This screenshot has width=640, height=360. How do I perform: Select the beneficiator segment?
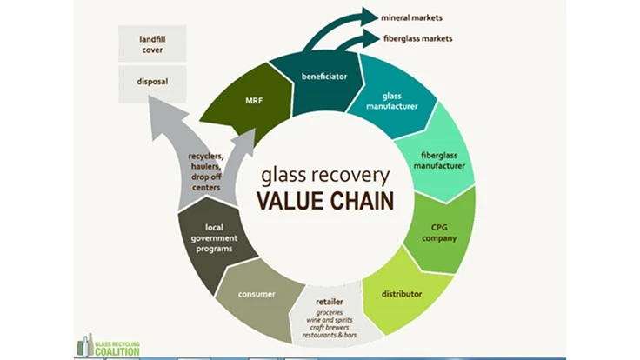click(325, 77)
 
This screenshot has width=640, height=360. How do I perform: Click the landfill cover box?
click(152, 44)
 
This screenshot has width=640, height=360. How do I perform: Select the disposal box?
click(152, 83)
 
